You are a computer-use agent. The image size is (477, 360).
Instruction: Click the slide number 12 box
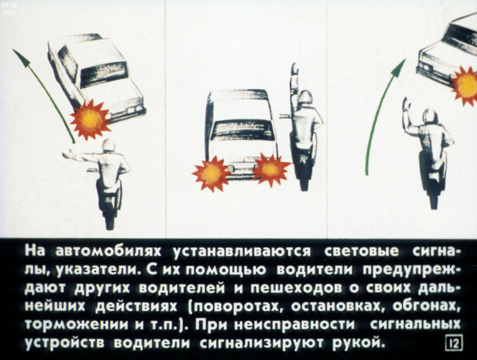[454, 342]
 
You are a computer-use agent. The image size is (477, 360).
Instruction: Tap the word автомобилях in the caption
[108, 252]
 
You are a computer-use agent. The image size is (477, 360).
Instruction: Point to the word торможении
[76, 325]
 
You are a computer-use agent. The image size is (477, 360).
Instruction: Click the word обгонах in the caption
[426, 307]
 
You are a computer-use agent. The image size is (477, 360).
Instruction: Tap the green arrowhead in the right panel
[398, 68]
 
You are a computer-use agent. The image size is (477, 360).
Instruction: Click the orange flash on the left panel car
[90, 119]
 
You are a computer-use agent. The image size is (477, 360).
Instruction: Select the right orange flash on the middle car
[270, 169]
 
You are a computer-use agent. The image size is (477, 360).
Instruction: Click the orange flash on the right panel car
[465, 86]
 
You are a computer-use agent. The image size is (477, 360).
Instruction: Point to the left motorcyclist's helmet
[108, 145]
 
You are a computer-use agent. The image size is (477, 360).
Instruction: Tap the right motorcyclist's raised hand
[406, 104]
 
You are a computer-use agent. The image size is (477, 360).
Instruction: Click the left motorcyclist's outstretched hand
[68, 155]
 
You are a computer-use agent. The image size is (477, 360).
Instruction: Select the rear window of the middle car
[243, 130]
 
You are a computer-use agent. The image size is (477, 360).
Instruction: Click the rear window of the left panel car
[103, 74]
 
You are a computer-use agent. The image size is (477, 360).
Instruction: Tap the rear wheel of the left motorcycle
[110, 220]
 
